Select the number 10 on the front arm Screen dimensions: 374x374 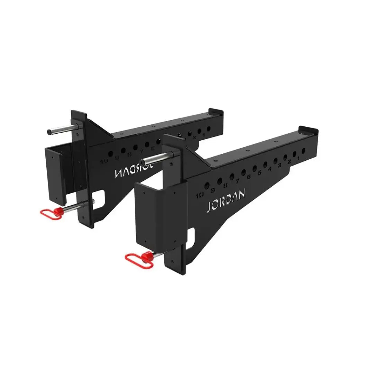(x=199, y=195)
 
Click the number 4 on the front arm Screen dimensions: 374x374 (x=270, y=169)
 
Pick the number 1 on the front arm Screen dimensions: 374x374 (x=299, y=158)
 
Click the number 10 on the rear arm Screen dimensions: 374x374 (x=104, y=161)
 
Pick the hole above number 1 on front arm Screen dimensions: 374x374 (x=303, y=151)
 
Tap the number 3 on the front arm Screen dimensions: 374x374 (x=280, y=165)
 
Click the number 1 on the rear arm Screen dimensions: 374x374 (x=204, y=135)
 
